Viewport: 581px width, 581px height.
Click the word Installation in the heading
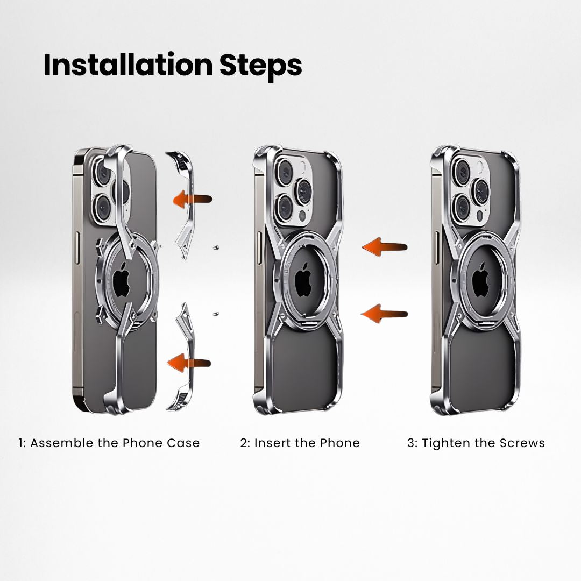[x=128, y=65]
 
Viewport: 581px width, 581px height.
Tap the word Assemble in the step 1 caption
[x=62, y=443]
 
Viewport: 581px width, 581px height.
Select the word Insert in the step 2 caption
[x=272, y=443]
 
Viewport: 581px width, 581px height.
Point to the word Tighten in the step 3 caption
[x=445, y=443]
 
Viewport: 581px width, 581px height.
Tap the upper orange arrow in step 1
[x=192, y=199]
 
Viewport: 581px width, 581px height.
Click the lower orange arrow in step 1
[x=189, y=362]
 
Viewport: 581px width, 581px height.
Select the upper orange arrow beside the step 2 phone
[x=385, y=246]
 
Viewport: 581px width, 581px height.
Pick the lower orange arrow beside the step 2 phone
[x=384, y=314]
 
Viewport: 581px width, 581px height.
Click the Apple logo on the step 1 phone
[x=122, y=283]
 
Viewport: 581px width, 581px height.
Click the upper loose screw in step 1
[x=216, y=247]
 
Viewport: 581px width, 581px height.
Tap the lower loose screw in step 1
[x=215, y=315]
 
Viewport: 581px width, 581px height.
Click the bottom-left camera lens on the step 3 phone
[x=462, y=208]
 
